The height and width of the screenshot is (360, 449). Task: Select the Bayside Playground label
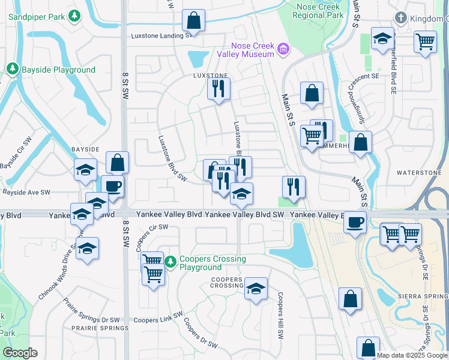tap(58, 70)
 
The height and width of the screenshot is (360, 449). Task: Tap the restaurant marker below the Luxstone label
tap(217, 89)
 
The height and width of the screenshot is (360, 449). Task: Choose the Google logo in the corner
tap(20, 353)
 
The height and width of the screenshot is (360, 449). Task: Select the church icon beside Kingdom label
tap(400, 19)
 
